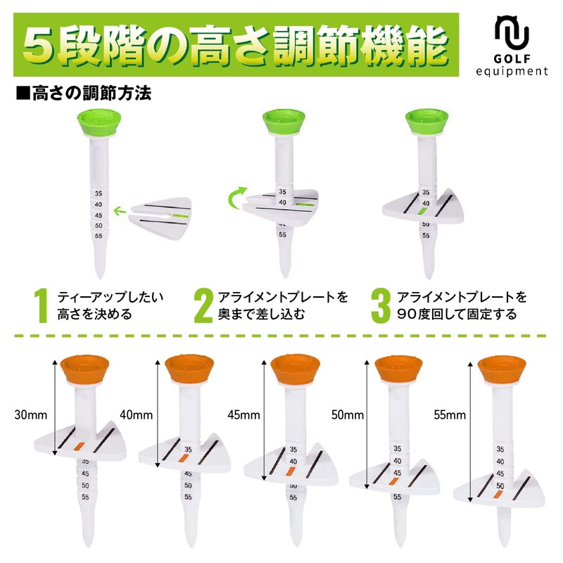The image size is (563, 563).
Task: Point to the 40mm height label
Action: pos(137,415)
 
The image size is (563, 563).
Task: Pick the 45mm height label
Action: pos(242,415)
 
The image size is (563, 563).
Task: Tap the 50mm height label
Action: pos(347,415)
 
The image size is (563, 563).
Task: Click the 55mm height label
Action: pos(450,415)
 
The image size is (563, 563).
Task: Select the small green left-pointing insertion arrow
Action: pos(121,209)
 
